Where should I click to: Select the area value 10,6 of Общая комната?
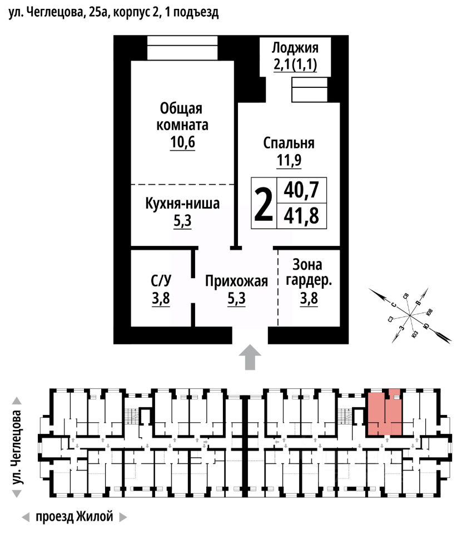point(183,142)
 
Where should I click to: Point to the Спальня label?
point(289,143)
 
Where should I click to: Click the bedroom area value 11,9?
point(289,161)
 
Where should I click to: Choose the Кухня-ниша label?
point(182,204)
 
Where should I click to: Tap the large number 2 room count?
point(264,204)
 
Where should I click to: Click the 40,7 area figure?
point(301,191)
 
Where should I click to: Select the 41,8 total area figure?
point(301,215)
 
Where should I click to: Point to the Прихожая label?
point(236,281)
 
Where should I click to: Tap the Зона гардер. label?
point(308,272)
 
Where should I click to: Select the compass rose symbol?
point(410,315)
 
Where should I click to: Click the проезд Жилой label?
point(74,517)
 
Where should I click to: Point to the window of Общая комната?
point(182,48)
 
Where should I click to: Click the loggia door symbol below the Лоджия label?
point(310,90)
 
